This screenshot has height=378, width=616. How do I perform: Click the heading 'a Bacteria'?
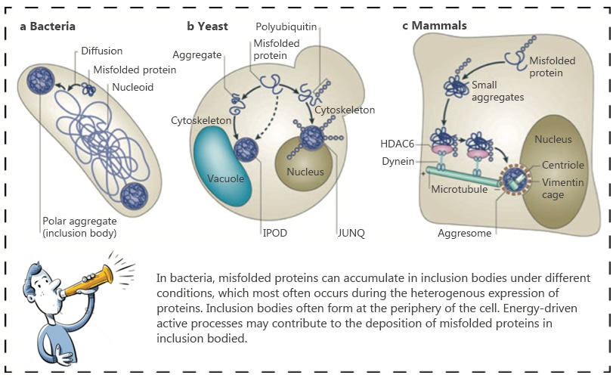pyautogui.click(x=48, y=26)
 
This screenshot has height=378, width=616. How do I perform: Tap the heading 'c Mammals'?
pyautogui.click(x=434, y=26)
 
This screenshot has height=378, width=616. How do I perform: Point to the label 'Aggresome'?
pyautogui.click(x=463, y=234)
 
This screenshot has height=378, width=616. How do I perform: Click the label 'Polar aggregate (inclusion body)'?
pyautogui.click(x=80, y=227)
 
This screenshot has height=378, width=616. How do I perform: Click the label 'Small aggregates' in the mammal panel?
pyautogui.click(x=497, y=91)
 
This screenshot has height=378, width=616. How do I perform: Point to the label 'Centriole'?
pyautogui.click(x=563, y=164)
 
